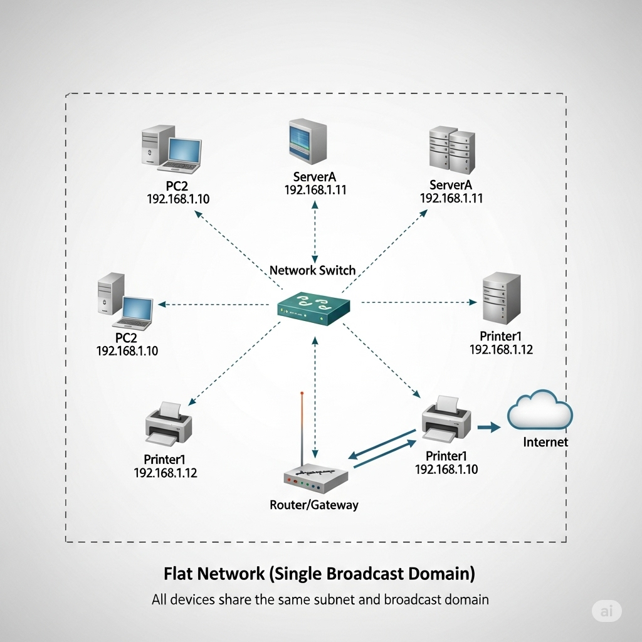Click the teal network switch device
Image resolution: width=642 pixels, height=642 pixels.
pyautogui.click(x=313, y=307)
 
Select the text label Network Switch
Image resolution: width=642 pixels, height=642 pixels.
pyautogui.click(x=312, y=270)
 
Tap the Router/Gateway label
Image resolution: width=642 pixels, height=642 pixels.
pyautogui.click(x=313, y=504)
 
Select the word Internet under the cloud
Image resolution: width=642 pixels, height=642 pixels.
pyautogui.click(x=545, y=442)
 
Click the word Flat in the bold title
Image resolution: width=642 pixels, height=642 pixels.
pyautogui.click(x=178, y=573)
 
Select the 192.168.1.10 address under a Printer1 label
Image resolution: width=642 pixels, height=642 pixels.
pyautogui.click(x=446, y=469)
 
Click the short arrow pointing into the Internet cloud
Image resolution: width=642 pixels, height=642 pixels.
pyautogui.click(x=489, y=428)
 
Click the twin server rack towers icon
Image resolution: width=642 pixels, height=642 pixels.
pyautogui.click(x=451, y=150)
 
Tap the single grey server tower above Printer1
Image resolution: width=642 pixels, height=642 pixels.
pyautogui.click(x=500, y=298)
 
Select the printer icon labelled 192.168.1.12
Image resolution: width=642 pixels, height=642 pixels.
pyautogui.click(x=169, y=421)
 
